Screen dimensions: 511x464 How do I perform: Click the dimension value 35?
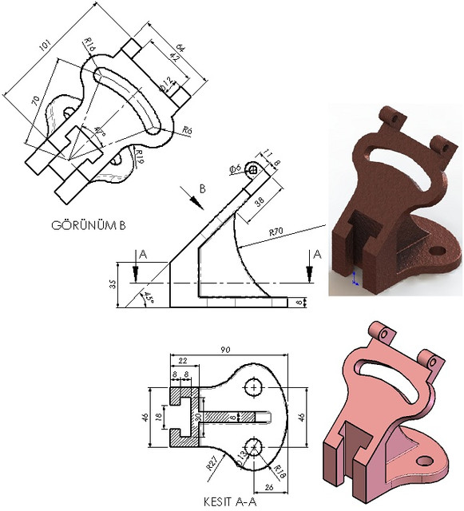point(113,283)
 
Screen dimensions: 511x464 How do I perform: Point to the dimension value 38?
point(260,203)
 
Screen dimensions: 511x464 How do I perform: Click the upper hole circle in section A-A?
point(254,387)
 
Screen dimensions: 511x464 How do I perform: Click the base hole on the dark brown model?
point(437,251)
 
